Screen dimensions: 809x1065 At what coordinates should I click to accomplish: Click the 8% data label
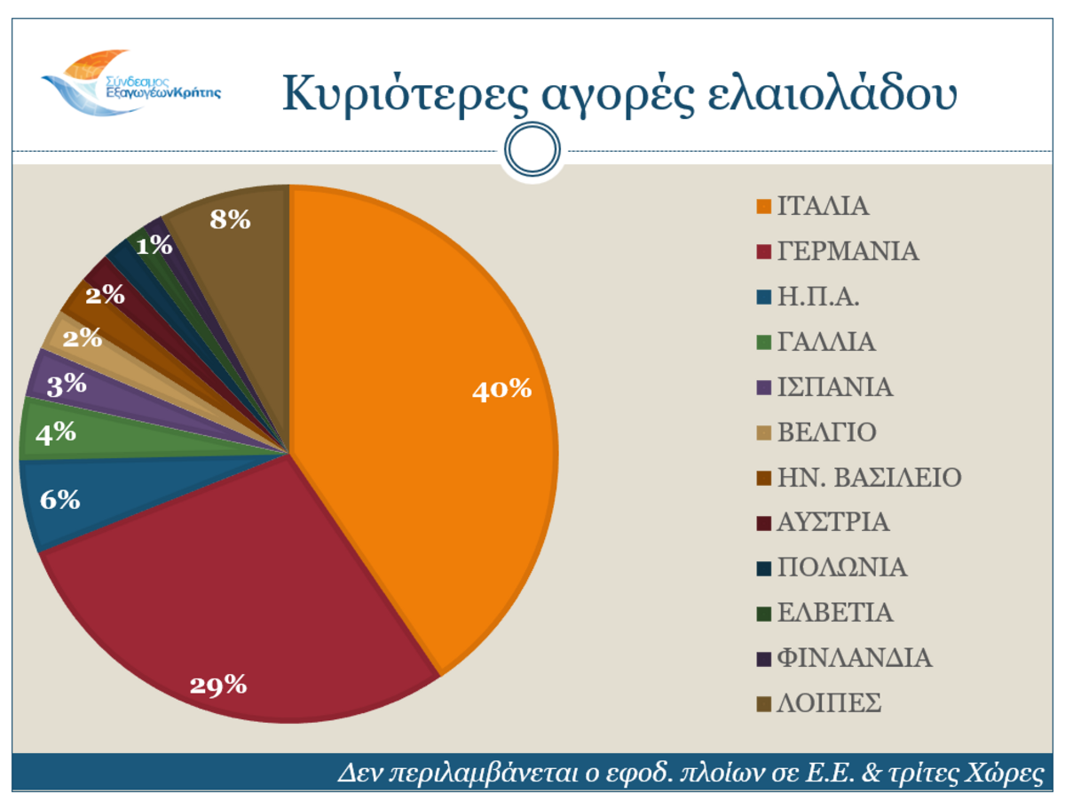(x=230, y=218)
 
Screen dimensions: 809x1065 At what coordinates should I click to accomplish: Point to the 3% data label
(x=67, y=385)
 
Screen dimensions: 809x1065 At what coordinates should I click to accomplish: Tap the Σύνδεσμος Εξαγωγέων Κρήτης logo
(x=131, y=82)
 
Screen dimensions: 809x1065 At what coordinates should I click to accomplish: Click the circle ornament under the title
(x=532, y=151)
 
